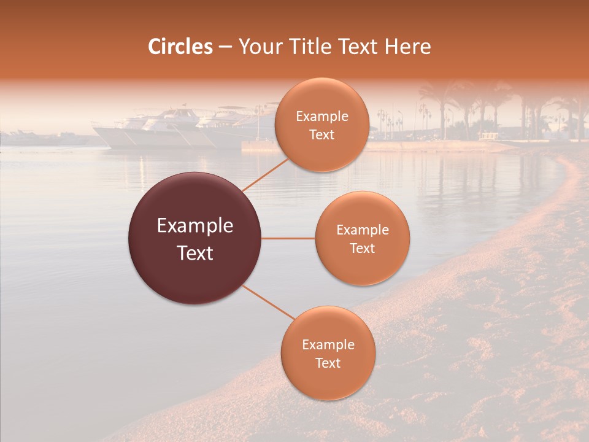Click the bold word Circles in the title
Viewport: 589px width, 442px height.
[180, 47]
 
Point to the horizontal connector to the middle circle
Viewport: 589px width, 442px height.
[288, 238]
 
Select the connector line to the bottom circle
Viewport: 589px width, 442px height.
[268, 303]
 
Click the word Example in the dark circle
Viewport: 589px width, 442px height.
[195, 226]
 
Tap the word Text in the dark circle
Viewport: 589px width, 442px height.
[195, 253]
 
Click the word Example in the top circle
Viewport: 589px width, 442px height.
[321, 117]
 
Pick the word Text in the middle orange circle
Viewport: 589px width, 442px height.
[362, 249]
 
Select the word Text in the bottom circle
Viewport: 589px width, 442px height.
[328, 363]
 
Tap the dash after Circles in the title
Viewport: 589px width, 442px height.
[225, 47]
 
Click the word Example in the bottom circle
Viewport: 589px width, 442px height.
[328, 345]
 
